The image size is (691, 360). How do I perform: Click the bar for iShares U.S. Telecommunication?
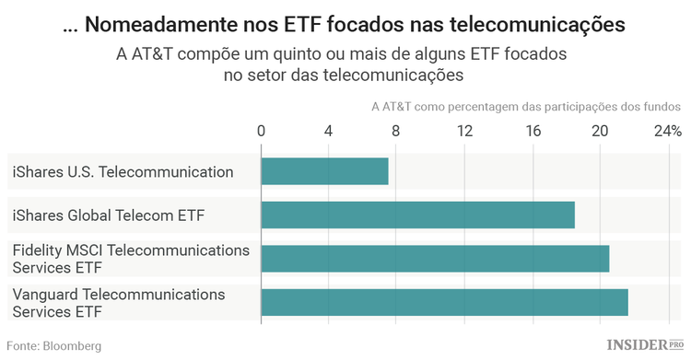point(324,171)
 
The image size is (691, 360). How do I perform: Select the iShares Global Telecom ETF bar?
point(417,215)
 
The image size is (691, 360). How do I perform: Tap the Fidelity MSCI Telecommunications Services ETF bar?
point(435,259)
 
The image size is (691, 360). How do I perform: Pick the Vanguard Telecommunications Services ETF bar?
point(444,302)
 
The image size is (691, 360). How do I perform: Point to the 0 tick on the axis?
point(262,131)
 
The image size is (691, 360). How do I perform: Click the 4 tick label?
point(329,131)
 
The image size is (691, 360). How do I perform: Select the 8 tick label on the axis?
point(396,131)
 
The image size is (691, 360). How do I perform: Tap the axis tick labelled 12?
point(464,131)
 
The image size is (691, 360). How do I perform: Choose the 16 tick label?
point(532,131)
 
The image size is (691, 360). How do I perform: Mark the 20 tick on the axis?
point(600,131)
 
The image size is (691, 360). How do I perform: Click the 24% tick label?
point(667,131)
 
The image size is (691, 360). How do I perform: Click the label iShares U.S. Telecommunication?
point(123,171)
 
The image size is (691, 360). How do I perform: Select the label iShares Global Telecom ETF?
point(108,215)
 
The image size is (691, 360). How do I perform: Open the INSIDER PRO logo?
point(645,345)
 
